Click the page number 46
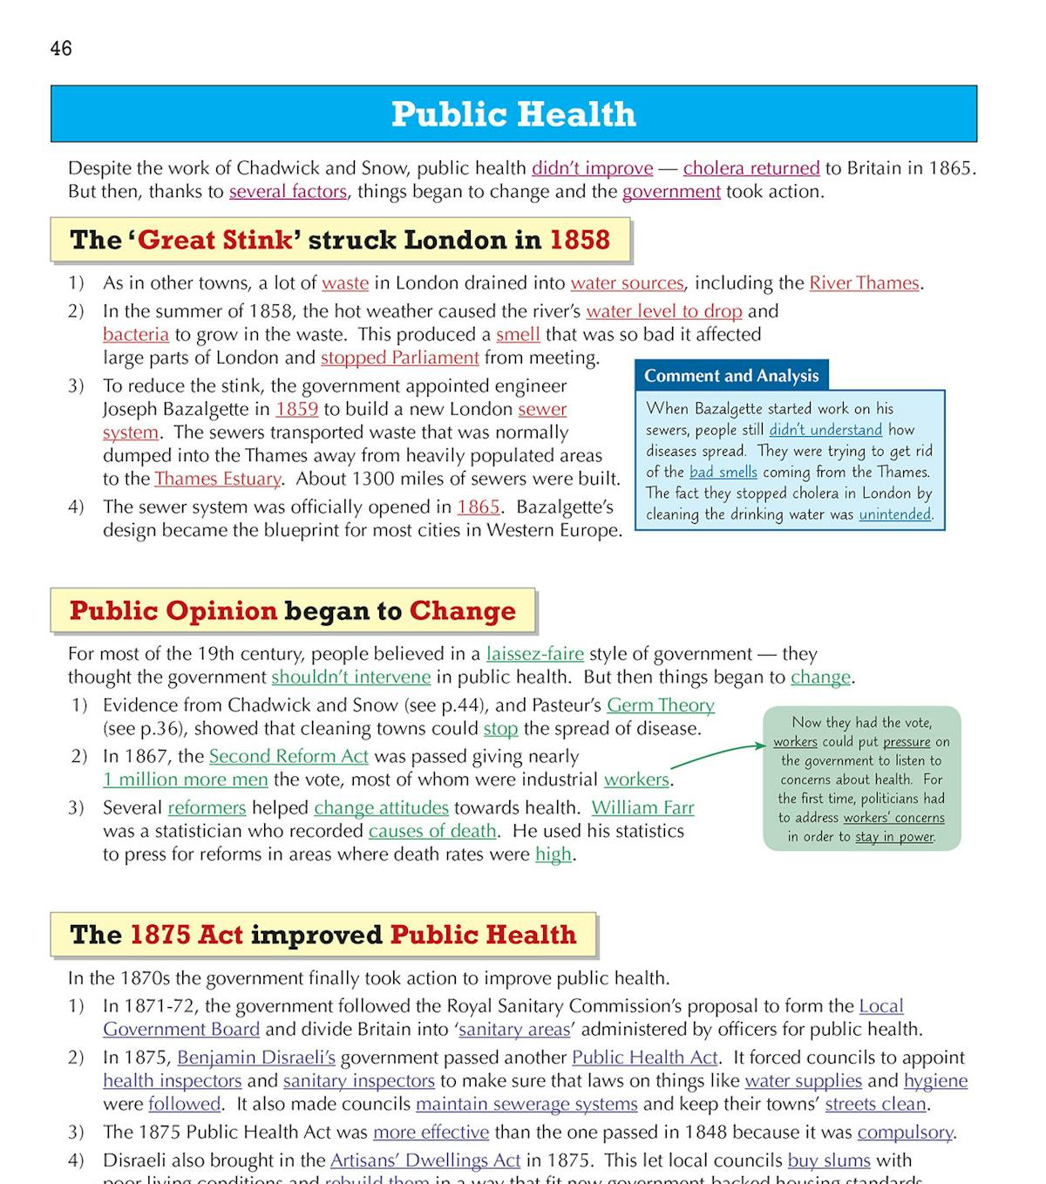point(61,49)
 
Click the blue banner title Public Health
point(513,114)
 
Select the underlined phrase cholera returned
point(751,168)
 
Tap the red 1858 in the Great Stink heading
point(580,240)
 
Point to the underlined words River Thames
point(864,283)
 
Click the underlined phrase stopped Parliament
point(399,357)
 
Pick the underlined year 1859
point(296,409)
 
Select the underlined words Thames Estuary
point(218,479)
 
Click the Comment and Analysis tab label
point(731,376)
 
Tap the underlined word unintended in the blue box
point(894,514)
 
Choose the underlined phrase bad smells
point(723,473)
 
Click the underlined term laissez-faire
point(534,654)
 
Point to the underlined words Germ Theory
point(660,705)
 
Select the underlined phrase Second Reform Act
point(289,756)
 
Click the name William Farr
point(642,808)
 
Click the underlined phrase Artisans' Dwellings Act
point(425,1160)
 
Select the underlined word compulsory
point(905,1133)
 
